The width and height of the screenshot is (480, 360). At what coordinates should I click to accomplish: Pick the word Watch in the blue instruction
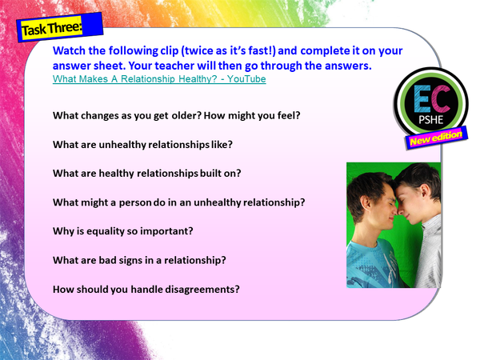70,50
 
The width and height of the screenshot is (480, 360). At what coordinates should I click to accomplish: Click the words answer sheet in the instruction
87,66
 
